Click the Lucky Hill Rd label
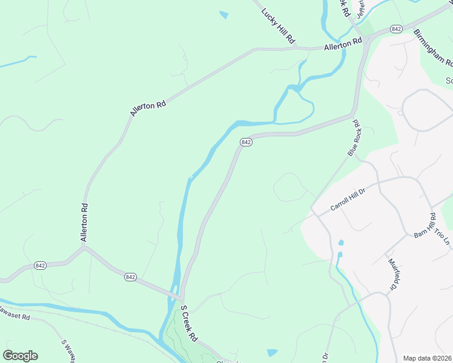click(x=278, y=25)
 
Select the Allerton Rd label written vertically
click(x=85, y=223)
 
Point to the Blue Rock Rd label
click(x=354, y=138)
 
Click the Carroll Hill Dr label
click(x=348, y=198)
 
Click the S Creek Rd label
click(x=189, y=322)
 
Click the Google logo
click(x=20, y=355)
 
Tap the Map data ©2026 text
click(x=427, y=358)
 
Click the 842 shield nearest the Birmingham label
click(x=397, y=29)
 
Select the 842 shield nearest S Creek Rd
click(x=131, y=276)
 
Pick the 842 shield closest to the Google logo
click(x=41, y=266)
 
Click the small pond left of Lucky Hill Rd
click(x=224, y=15)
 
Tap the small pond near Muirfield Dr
click(x=341, y=243)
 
